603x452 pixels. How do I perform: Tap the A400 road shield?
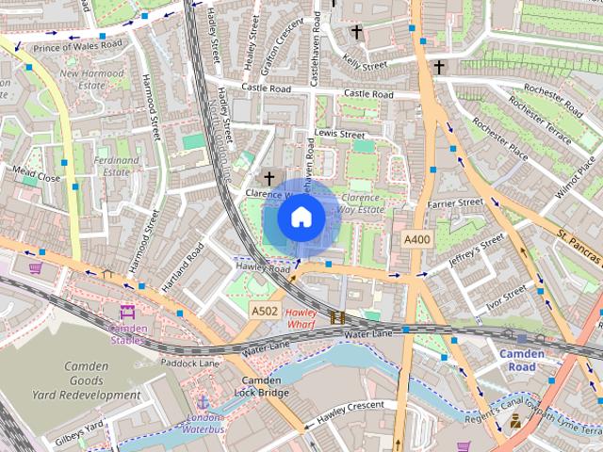(x=416, y=241)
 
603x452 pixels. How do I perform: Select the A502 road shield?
(x=264, y=310)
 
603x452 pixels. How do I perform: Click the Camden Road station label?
(x=522, y=360)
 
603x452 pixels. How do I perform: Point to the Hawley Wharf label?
(x=301, y=318)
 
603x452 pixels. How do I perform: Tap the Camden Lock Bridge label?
(x=261, y=386)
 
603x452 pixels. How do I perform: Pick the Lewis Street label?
(x=339, y=135)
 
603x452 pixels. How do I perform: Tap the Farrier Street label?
(x=454, y=202)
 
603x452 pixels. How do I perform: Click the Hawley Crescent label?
(x=350, y=409)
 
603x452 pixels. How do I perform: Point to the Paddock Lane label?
(x=189, y=363)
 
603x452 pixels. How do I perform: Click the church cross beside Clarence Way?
(x=269, y=177)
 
